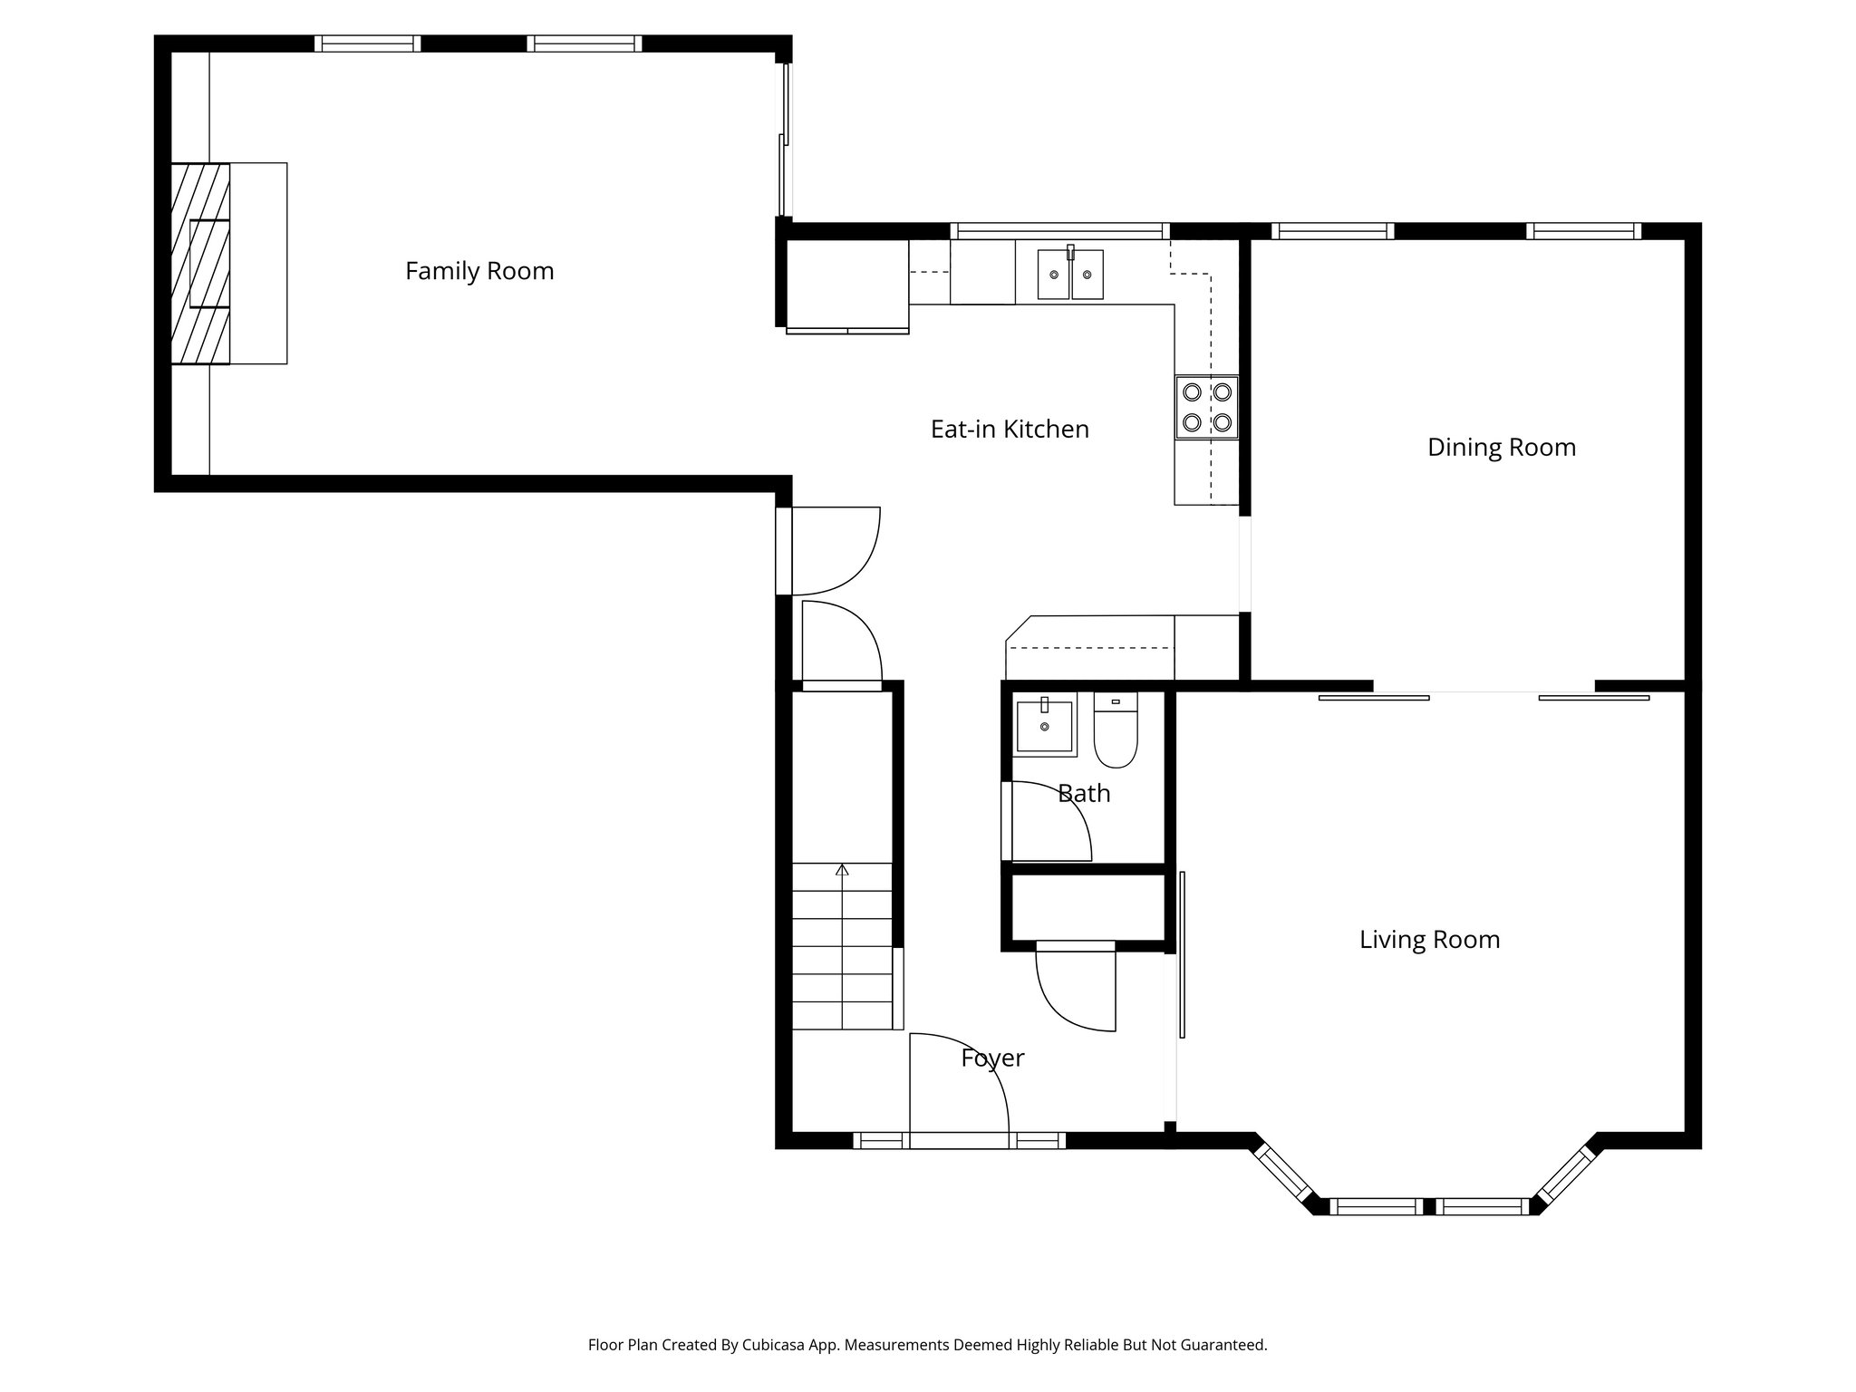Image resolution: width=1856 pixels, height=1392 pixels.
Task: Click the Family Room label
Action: coord(479,271)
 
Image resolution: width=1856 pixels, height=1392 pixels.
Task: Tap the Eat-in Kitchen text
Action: coord(1010,429)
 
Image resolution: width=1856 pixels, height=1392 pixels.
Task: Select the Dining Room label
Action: coord(1502,447)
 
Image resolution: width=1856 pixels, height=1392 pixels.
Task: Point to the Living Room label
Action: coord(1429,939)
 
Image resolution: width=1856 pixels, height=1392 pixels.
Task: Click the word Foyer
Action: coord(992,1058)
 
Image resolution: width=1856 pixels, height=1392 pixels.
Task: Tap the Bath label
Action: coord(1084,793)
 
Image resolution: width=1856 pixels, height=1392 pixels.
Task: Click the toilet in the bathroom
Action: coord(1116,732)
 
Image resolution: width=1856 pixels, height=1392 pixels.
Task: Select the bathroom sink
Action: coord(1044,726)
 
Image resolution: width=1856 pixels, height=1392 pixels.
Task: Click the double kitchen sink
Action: coord(1070,274)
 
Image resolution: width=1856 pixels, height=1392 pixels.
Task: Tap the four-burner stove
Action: coord(1207,407)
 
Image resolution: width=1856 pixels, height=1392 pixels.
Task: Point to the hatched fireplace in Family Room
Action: coord(200,264)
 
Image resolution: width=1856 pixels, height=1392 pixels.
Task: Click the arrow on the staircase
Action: coord(842,871)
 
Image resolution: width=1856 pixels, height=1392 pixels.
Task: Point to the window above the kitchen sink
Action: coord(1058,231)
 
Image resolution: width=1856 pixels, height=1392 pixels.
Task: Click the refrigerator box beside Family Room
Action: coord(847,284)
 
